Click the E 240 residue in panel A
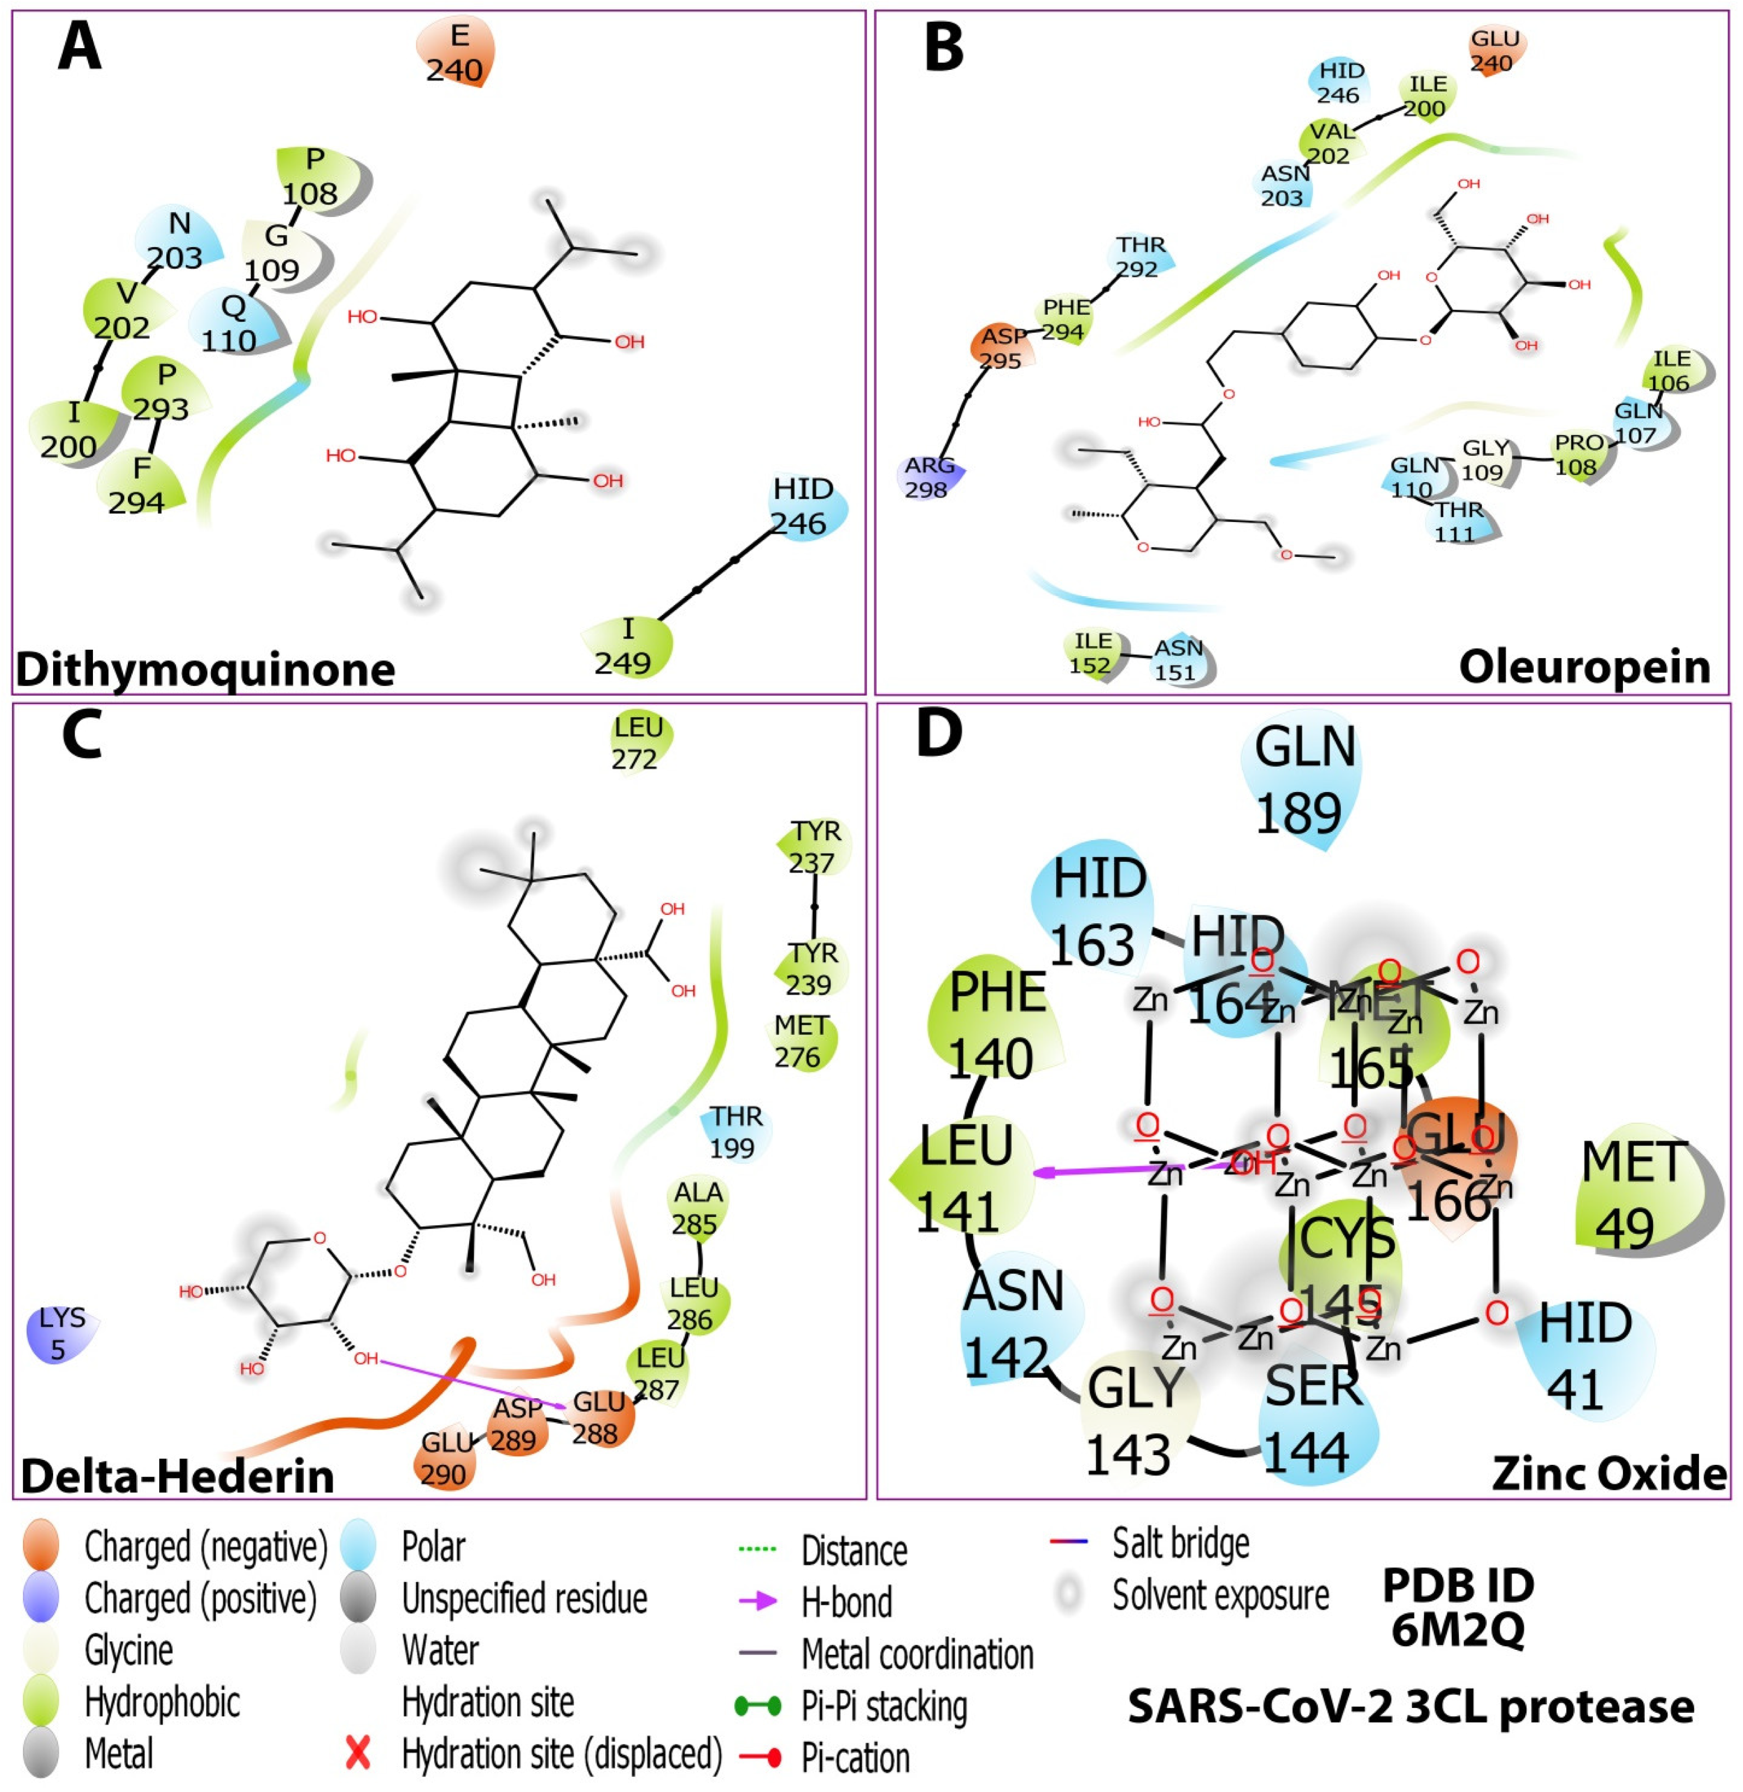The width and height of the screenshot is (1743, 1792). (x=456, y=52)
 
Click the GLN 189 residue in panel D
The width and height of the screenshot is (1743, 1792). (x=1302, y=778)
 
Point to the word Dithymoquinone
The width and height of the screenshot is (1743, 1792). (x=205, y=670)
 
